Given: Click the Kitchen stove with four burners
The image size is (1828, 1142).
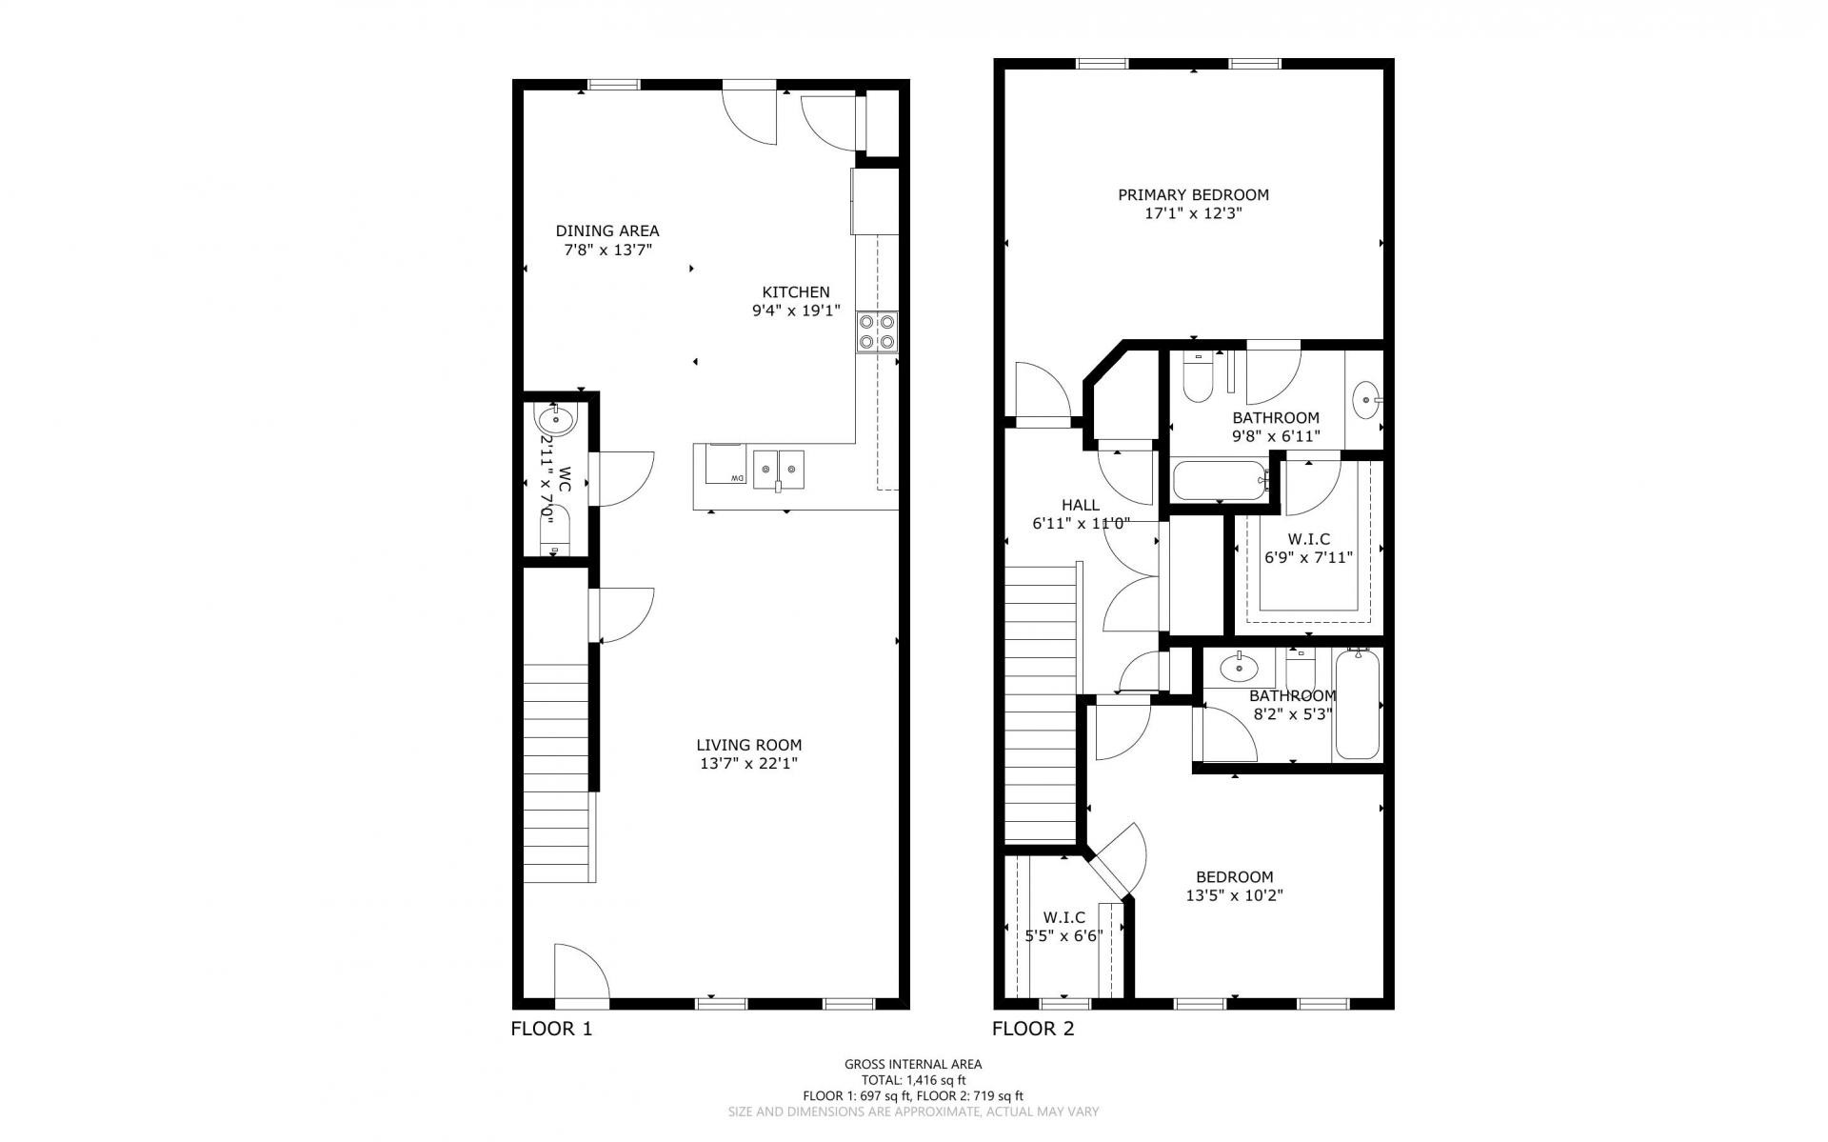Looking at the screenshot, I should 877,331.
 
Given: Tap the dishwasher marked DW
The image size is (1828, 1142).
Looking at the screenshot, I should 725,465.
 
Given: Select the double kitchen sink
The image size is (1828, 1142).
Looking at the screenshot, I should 779,469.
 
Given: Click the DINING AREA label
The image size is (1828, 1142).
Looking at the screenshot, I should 607,230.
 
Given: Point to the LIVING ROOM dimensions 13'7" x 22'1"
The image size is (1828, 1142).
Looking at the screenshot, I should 748,763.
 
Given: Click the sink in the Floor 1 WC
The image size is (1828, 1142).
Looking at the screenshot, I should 555,419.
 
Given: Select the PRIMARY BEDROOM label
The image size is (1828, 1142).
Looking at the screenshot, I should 1193,194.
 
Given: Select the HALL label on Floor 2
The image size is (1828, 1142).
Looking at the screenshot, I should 1080,505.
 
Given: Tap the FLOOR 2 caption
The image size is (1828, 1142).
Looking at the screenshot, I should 1033,1029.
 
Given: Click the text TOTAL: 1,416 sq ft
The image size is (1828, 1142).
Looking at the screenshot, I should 913,1080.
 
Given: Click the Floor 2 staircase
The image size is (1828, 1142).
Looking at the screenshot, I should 1043,705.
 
